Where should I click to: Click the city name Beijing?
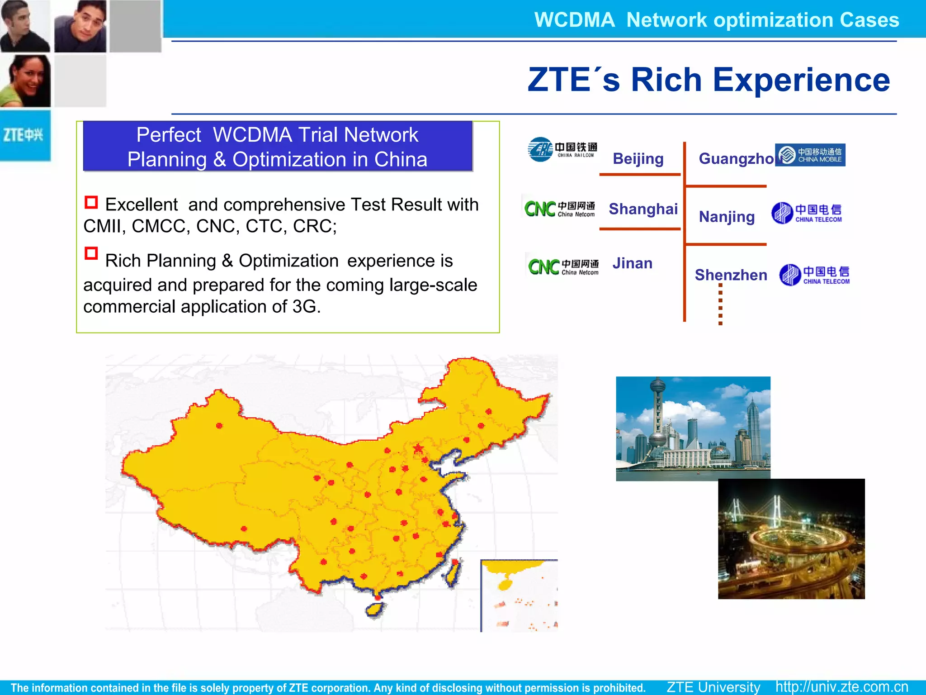point(638,159)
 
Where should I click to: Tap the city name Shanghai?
point(643,209)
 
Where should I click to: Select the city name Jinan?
point(632,263)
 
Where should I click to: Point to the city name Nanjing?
point(727,217)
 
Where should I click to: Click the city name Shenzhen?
point(731,275)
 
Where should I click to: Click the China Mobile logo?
point(810,155)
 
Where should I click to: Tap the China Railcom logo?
point(562,149)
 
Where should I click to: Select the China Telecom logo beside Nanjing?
point(807,213)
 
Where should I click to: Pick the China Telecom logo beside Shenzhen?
point(814,275)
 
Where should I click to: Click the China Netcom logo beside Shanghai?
point(559,209)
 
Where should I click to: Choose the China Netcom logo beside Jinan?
point(563,267)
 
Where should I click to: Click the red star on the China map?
point(418,448)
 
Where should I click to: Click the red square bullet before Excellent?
point(91,202)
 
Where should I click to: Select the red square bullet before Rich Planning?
point(91,253)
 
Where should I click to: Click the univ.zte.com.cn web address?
point(841,687)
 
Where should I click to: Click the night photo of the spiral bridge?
point(791,539)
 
